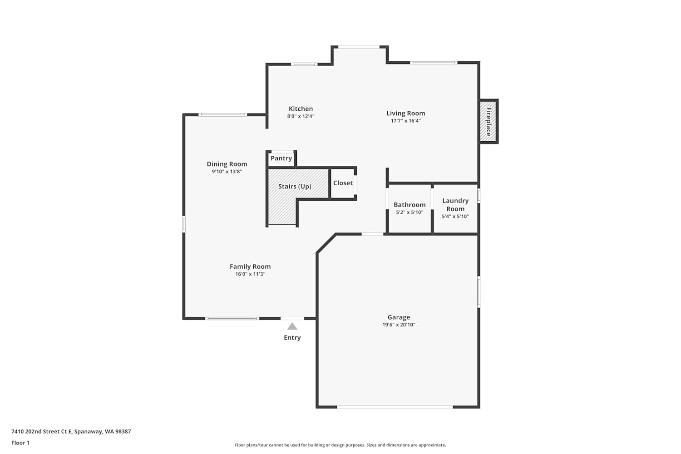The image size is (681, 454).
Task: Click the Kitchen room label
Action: (301, 109)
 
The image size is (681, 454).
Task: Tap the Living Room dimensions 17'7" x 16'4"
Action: (405, 121)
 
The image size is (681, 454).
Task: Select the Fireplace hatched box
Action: (488, 121)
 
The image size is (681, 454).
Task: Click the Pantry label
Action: (281, 158)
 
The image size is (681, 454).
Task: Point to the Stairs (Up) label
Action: (295, 186)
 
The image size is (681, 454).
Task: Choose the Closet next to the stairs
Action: (343, 183)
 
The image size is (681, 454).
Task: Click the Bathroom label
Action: (410, 205)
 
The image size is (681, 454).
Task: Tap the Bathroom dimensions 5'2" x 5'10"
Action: (410, 212)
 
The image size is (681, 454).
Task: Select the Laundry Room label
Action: (455, 205)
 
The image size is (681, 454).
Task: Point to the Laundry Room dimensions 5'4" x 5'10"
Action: (455, 217)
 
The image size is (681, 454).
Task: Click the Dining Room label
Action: (227, 164)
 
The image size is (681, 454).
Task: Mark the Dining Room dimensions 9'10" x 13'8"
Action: (227, 172)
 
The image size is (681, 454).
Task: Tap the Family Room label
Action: (250, 266)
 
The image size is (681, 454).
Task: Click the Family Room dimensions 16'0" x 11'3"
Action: (250, 274)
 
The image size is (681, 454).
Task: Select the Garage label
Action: (399, 317)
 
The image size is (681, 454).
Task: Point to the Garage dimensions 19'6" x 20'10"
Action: (399, 325)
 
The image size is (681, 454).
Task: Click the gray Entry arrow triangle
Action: (292, 326)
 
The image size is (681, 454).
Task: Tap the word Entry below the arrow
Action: (292, 337)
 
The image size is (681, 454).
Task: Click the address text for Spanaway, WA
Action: (71, 431)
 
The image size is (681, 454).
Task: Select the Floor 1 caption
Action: (20, 443)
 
